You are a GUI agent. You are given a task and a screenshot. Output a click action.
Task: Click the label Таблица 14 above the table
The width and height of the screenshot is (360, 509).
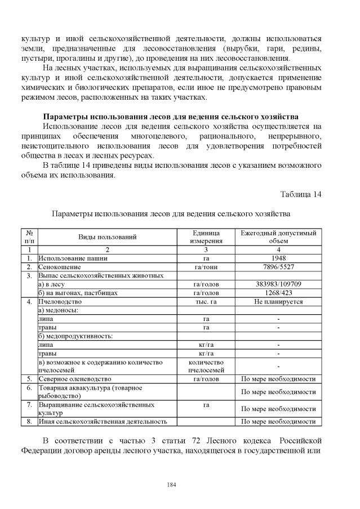point(301,194)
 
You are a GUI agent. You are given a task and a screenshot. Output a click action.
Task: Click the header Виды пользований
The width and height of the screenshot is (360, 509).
point(107,237)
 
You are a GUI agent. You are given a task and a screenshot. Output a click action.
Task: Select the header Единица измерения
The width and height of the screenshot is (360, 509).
point(206,237)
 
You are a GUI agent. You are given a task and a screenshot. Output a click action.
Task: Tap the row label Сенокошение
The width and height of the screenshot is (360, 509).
point(60,266)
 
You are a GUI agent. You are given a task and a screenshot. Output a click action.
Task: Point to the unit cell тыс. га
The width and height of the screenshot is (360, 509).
point(206,302)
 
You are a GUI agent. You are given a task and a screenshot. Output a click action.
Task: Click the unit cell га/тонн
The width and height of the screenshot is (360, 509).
point(206,266)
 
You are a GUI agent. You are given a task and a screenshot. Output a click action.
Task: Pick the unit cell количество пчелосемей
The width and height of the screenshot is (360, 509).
point(206,366)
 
